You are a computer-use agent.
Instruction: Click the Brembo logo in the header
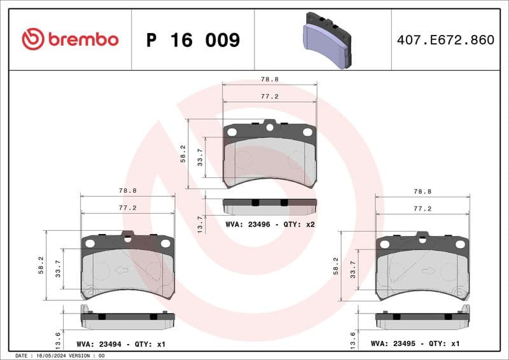point(70,39)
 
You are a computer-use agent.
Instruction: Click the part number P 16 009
point(193,40)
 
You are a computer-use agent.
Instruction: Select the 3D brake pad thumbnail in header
point(325,39)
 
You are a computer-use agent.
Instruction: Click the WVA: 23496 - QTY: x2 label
point(270,224)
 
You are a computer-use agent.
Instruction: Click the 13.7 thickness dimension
point(201,223)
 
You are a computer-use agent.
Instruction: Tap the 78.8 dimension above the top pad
point(270,80)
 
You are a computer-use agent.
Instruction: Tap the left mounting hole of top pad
point(232,132)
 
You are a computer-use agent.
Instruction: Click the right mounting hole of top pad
point(307,132)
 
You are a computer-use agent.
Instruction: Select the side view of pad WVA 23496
point(270,207)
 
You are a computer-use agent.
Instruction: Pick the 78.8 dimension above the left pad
point(128,190)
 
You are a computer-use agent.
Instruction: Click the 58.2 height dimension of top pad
point(183,154)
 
